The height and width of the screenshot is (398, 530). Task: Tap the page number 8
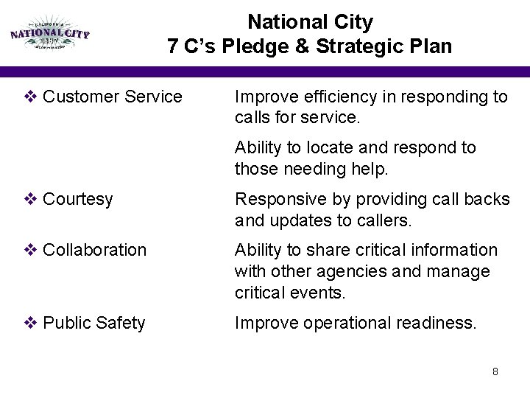[x=495, y=372]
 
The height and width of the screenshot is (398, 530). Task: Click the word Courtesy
[x=78, y=200]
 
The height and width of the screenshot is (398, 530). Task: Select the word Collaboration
[x=95, y=251]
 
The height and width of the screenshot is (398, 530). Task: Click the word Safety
[x=121, y=322]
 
